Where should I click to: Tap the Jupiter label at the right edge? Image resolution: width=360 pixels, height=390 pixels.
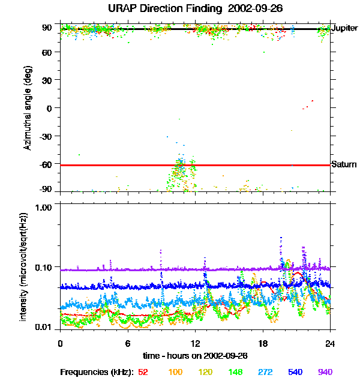point(344,28)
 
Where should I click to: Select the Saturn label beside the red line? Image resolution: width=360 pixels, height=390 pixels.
point(344,164)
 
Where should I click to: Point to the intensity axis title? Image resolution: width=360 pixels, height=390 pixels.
point(23,266)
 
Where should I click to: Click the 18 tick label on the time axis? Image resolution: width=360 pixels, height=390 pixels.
point(263,343)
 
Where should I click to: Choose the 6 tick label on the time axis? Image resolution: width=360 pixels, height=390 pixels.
point(128,343)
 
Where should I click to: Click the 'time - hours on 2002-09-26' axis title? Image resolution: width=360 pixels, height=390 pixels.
point(195,356)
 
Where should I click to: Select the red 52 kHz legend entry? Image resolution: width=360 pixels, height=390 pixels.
point(143,372)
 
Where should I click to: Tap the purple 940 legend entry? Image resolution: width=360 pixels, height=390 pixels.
point(325,372)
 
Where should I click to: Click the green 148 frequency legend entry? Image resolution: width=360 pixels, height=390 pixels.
point(235,372)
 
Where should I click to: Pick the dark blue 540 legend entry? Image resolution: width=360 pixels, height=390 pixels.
point(295,372)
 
